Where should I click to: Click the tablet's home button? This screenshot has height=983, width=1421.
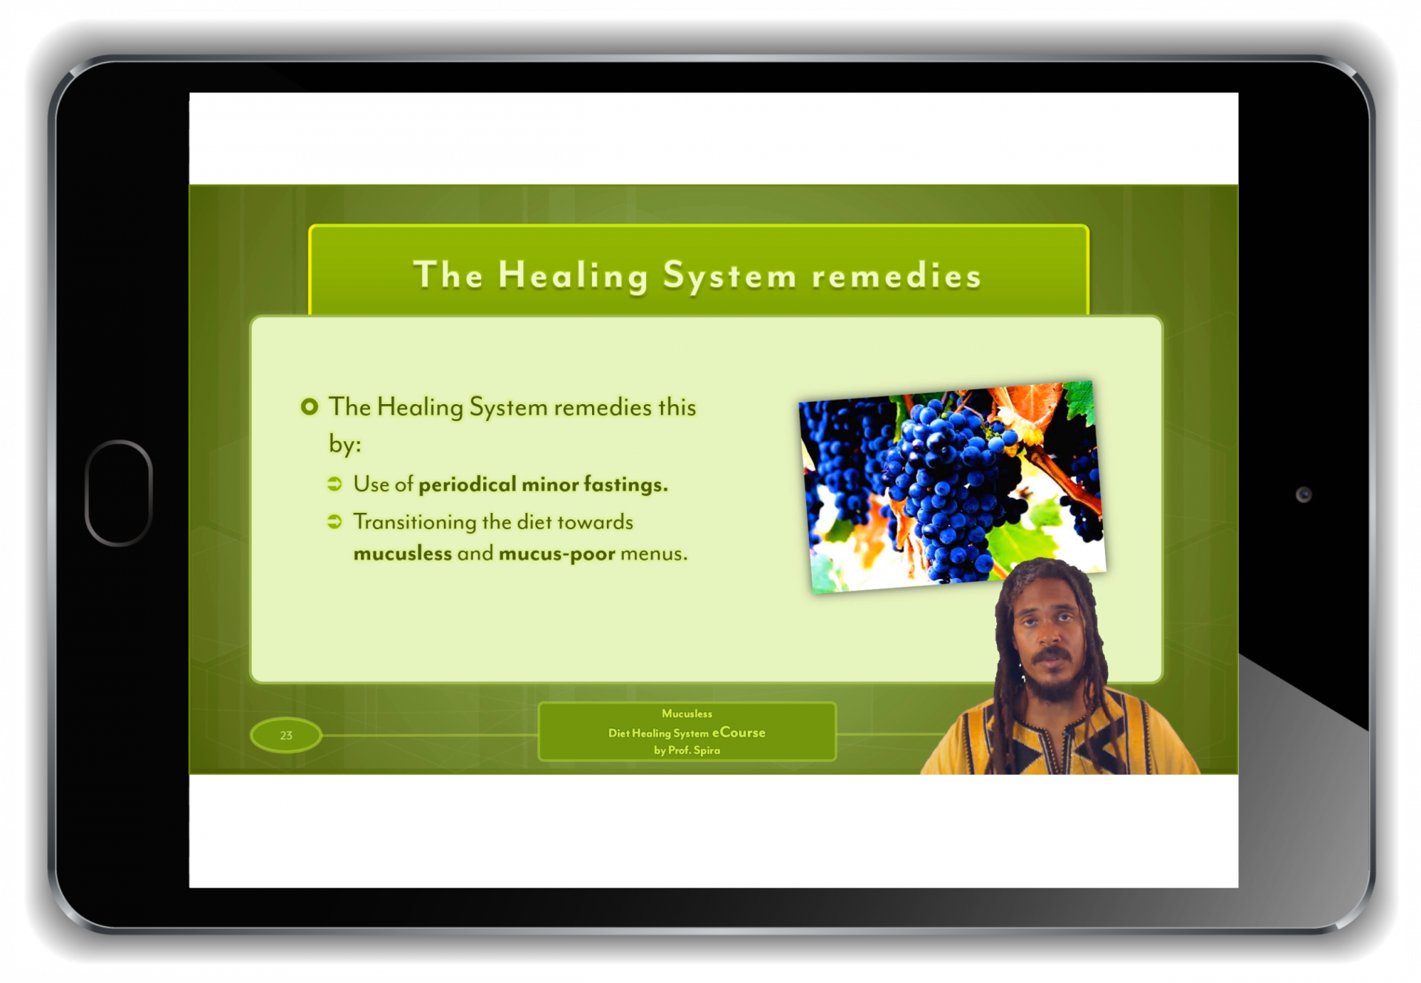[118, 493]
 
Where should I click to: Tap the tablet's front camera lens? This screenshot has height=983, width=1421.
[1303, 494]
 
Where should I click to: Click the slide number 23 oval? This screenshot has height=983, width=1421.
[286, 735]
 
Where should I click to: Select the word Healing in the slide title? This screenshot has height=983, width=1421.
[574, 276]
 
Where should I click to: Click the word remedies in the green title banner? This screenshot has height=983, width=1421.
[896, 276]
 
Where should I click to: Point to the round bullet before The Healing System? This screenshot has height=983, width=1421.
[309, 406]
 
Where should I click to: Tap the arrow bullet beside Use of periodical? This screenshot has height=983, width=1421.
[335, 484]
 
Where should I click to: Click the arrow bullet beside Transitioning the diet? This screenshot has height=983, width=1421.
[335, 522]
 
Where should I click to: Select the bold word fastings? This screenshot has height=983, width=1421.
[626, 485]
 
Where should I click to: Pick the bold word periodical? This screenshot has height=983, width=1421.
[468, 485]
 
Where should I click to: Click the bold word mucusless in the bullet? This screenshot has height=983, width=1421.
[403, 554]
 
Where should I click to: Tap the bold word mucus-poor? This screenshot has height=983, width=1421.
[557, 554]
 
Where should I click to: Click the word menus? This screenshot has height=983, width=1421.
[654, 554]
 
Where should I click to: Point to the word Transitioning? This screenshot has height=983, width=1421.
[414, 523]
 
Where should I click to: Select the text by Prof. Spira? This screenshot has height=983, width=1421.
[687, 751]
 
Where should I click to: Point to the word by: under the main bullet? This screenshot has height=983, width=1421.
[345, 445]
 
